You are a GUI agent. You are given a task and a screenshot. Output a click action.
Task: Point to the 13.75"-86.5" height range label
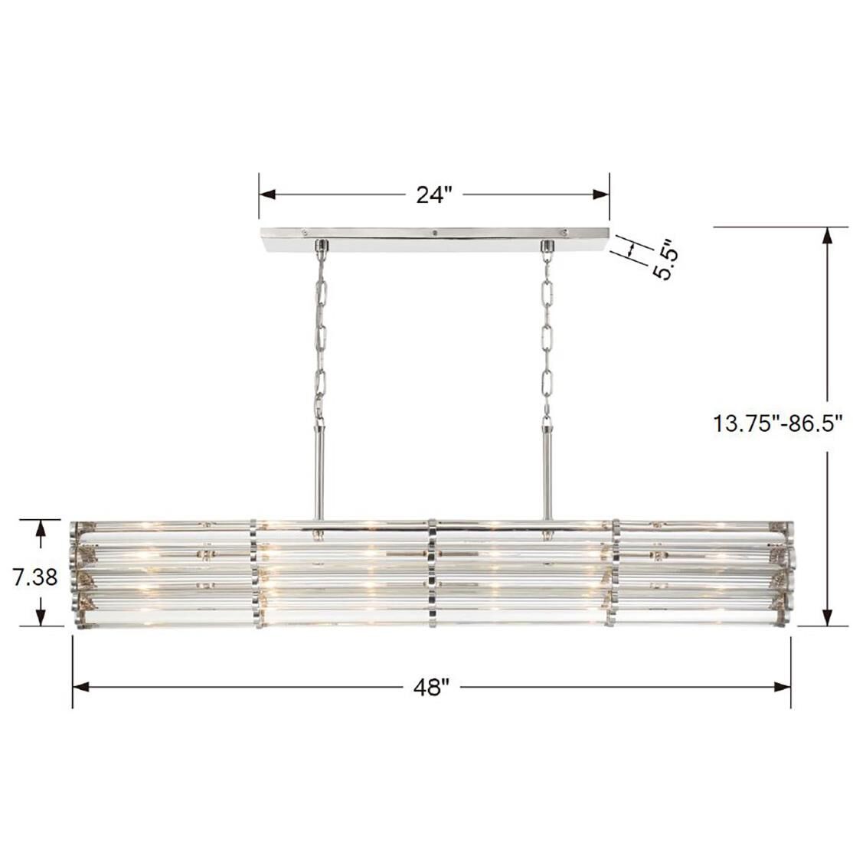tap(778, 422)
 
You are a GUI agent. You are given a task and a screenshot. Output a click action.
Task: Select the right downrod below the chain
tap(547, 472)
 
